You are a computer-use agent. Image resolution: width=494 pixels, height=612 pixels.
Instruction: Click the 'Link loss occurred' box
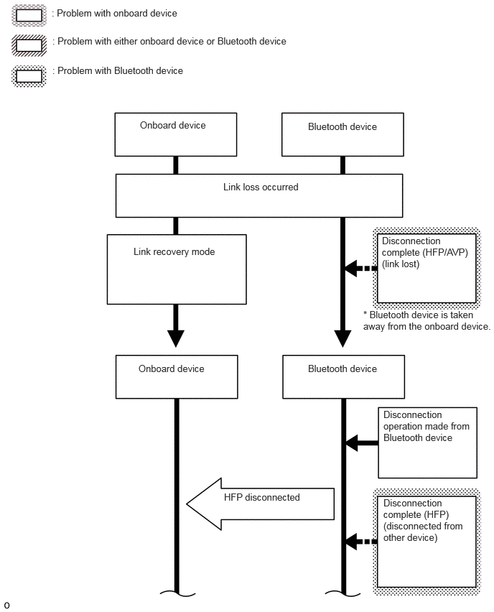259,195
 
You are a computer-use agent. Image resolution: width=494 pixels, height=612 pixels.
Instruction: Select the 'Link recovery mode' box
177,269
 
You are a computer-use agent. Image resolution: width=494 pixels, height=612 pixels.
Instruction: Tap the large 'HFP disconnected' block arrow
260,504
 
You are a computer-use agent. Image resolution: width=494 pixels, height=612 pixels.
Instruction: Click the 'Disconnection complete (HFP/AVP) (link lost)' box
427,268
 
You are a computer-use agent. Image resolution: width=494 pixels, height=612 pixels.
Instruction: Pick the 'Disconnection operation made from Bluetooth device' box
428,442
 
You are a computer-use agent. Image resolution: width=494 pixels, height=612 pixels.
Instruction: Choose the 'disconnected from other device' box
427,542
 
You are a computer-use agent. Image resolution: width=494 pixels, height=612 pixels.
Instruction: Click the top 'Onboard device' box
176,134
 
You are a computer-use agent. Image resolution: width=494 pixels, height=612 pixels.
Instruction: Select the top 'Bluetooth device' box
342,134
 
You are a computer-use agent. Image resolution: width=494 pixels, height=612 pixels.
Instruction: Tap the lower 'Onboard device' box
177,376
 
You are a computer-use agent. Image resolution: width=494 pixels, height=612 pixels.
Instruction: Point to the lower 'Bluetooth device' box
343,376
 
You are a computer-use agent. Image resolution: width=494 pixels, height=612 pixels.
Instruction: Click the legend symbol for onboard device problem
29,15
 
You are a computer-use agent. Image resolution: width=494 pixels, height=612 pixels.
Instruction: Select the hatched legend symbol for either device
29,45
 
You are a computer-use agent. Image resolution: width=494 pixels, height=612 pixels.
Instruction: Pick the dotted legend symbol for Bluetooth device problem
29,76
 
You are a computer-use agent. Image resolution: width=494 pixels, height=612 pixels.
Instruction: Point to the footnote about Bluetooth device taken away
427,321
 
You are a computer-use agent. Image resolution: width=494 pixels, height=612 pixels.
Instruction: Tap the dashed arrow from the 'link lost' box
361,268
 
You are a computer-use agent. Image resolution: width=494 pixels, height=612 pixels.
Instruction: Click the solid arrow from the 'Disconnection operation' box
362,443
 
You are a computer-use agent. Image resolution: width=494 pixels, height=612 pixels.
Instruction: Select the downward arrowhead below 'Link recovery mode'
176,338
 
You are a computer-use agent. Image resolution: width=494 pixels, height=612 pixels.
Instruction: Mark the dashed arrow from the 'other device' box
361,542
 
